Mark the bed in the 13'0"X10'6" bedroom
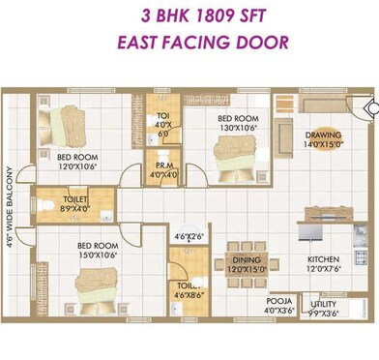tap(232, 154)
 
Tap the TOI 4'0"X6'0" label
tap(162, 125)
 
